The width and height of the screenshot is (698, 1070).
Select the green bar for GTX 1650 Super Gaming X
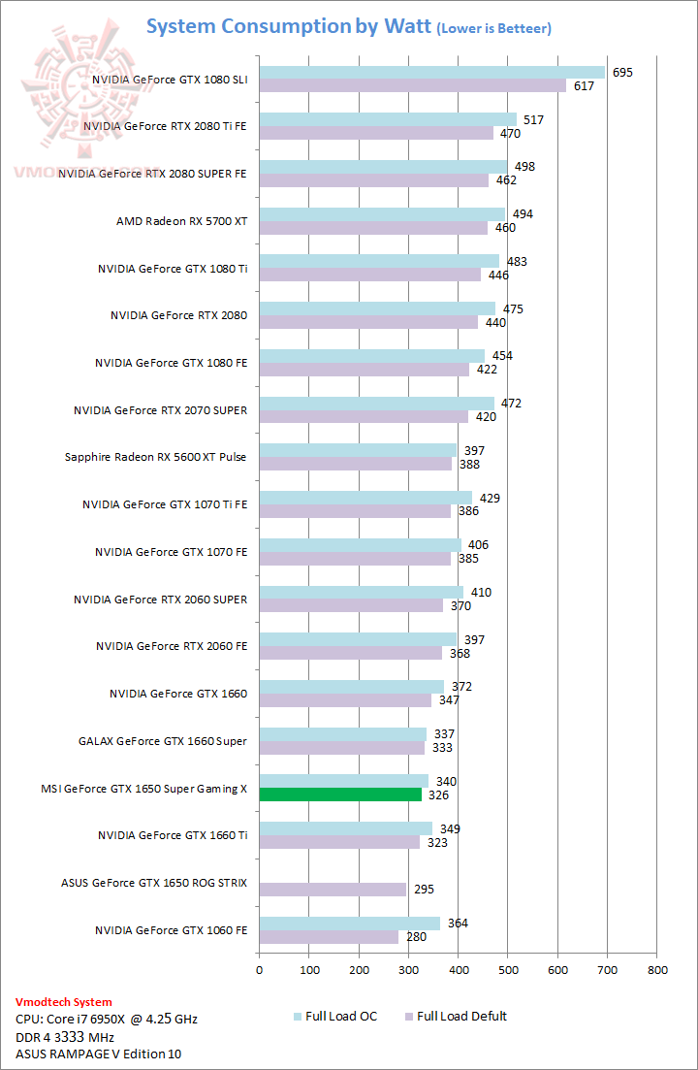340,794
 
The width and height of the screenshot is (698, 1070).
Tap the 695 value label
622,73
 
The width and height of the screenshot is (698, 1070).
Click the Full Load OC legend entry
334,1017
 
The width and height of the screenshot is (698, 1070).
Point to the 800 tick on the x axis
657,969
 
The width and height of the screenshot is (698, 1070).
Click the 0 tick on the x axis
259,969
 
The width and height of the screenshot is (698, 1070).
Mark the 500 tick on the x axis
508,969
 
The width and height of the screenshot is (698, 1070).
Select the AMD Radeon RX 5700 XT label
181,221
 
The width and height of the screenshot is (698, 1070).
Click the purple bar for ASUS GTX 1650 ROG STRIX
333,890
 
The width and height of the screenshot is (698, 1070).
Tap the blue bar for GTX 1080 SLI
431,73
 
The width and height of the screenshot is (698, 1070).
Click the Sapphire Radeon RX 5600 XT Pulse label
155,457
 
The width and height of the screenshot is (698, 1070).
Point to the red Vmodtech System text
64,1002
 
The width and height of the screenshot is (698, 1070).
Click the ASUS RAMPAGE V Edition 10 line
98,1054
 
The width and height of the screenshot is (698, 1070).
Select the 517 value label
533,120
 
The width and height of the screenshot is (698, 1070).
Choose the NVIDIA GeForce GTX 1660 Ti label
172,835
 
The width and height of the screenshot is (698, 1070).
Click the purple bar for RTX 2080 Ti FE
376,133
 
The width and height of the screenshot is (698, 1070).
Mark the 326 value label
439,794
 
